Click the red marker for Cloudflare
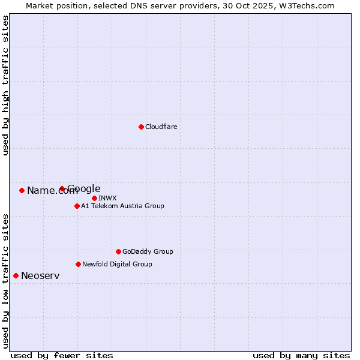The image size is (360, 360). tap(141, 127)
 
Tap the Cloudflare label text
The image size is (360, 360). tap(161, 127)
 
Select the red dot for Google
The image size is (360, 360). tap(62, 188)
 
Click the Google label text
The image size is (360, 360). tap(84, 189)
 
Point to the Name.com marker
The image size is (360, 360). tap(22, 190)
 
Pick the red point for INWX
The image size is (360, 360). tap(94, 198)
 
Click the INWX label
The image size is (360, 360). tap(107, 198)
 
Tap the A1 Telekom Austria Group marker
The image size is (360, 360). tap(77, 206)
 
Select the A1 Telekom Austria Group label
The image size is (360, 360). tap(122, 206)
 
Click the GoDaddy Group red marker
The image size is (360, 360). tap(118, 251)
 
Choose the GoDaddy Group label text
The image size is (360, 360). tap(148, 251)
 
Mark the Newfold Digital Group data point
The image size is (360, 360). tap(78, 264)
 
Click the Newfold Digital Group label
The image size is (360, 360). tap(117, 264)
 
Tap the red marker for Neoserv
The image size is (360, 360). tap(16, 275)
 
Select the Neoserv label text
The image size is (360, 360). tap(40, 276)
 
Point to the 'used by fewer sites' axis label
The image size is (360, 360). tap(62, 355)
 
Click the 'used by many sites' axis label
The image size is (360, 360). tap(301, 355)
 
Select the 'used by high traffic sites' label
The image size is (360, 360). tap(6, 85)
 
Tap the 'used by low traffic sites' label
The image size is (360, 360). tap(6, 281)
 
